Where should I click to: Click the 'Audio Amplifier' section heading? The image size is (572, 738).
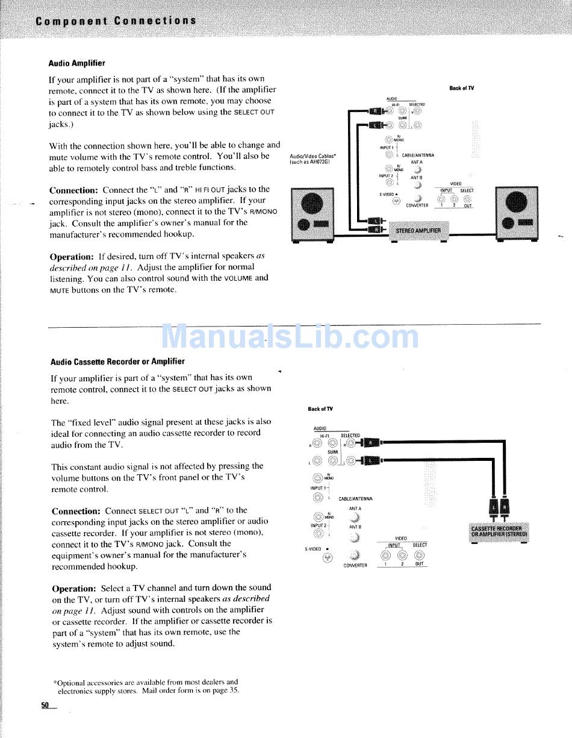point(76,63)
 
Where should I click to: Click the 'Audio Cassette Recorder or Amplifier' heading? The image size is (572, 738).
point(117,362)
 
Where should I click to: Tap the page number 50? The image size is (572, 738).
point(45,705)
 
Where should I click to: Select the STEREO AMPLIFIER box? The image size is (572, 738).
point(418,230)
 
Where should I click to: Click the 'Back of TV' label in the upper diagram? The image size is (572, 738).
point(461,89)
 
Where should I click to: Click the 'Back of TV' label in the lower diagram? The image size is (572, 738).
point(320,409)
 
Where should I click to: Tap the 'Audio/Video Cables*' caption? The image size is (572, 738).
point(313,156)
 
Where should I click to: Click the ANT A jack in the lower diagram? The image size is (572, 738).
point(355,518)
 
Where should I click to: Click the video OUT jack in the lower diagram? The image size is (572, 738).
point(419,556)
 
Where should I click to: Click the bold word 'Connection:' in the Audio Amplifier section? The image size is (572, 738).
point(73,190)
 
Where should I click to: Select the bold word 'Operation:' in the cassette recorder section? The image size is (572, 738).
point(73,588)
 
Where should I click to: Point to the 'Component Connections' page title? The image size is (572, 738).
point(116,21)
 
